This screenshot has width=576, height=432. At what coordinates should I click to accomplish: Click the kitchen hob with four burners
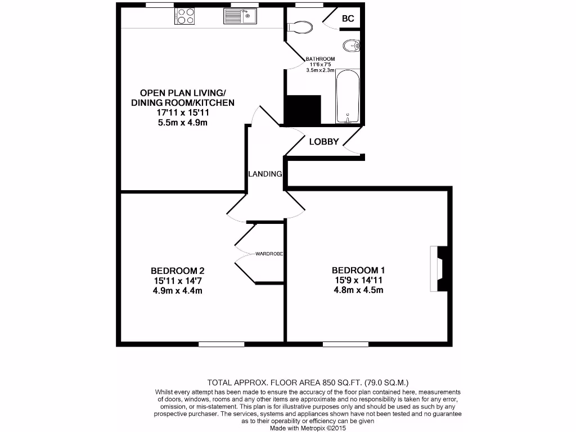186,16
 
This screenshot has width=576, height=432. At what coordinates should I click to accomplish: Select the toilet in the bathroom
300,27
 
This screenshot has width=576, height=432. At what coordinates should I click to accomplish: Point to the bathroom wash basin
351,46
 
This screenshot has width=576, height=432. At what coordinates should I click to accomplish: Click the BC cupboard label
348,19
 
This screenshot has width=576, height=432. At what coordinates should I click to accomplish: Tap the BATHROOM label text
320,59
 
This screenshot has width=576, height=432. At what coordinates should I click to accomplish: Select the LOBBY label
324,142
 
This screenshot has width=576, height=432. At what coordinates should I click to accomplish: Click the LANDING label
265,174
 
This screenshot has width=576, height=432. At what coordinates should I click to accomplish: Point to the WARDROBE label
269,254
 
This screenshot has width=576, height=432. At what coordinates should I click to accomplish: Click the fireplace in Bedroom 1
440,268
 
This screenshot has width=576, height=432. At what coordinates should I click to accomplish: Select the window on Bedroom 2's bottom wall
222,344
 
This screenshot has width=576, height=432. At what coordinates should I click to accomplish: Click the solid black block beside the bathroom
302,109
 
